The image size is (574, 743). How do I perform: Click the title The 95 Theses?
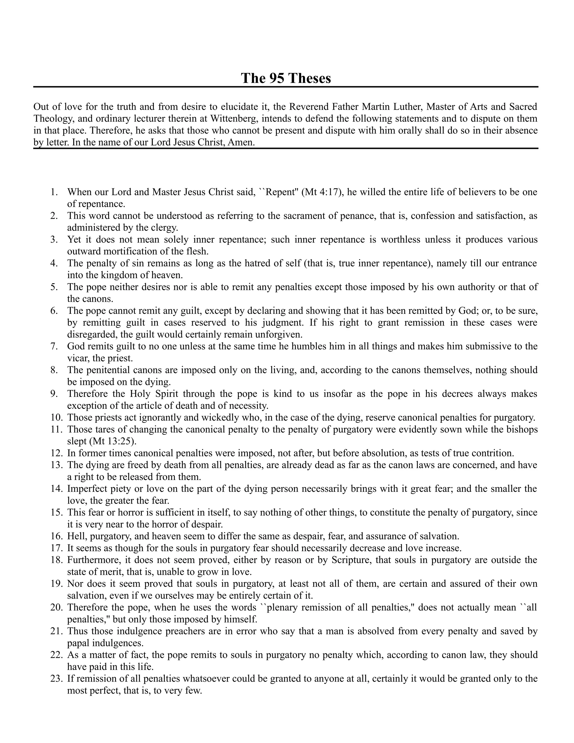tap(286, 78)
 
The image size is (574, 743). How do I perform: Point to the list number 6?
tap(54, 311)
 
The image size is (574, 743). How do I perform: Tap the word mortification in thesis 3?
tap(142, 251)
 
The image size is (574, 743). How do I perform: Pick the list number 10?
tap(56, 417)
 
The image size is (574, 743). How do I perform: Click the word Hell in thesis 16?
tap(75, 536)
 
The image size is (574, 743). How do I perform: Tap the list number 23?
tap(56, 679)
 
